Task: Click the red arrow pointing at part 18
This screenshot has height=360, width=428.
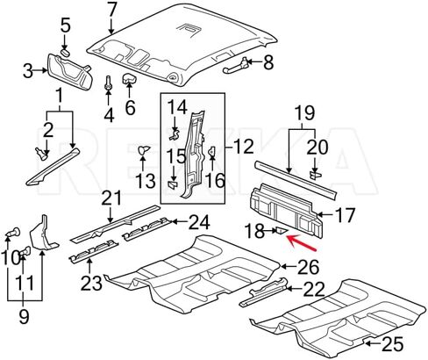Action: (302, 242)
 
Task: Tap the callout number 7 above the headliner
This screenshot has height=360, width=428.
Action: (111, 11)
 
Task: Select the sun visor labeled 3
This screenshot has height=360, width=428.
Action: (70, 71)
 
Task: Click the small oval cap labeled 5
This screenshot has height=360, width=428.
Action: (66, 52)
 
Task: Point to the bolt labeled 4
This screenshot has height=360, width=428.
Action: (108, 83)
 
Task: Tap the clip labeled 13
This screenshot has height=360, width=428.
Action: (143, 150)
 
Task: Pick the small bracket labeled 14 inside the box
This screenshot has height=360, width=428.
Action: (175, 134)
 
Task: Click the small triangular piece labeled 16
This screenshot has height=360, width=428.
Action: (211, 151)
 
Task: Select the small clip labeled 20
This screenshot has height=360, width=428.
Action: (315, 175)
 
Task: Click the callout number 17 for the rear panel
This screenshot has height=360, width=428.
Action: (345, 215)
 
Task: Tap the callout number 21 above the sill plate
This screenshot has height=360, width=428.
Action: (111, 198)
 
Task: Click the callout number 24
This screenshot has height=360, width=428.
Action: (200, 222)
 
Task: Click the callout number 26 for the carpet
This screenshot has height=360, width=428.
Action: (308, 267)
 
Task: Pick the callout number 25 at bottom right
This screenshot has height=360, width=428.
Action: (393, 343)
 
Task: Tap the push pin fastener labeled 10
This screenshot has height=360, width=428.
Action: (13, 234)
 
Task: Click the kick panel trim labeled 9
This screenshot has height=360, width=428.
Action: (44, 234)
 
